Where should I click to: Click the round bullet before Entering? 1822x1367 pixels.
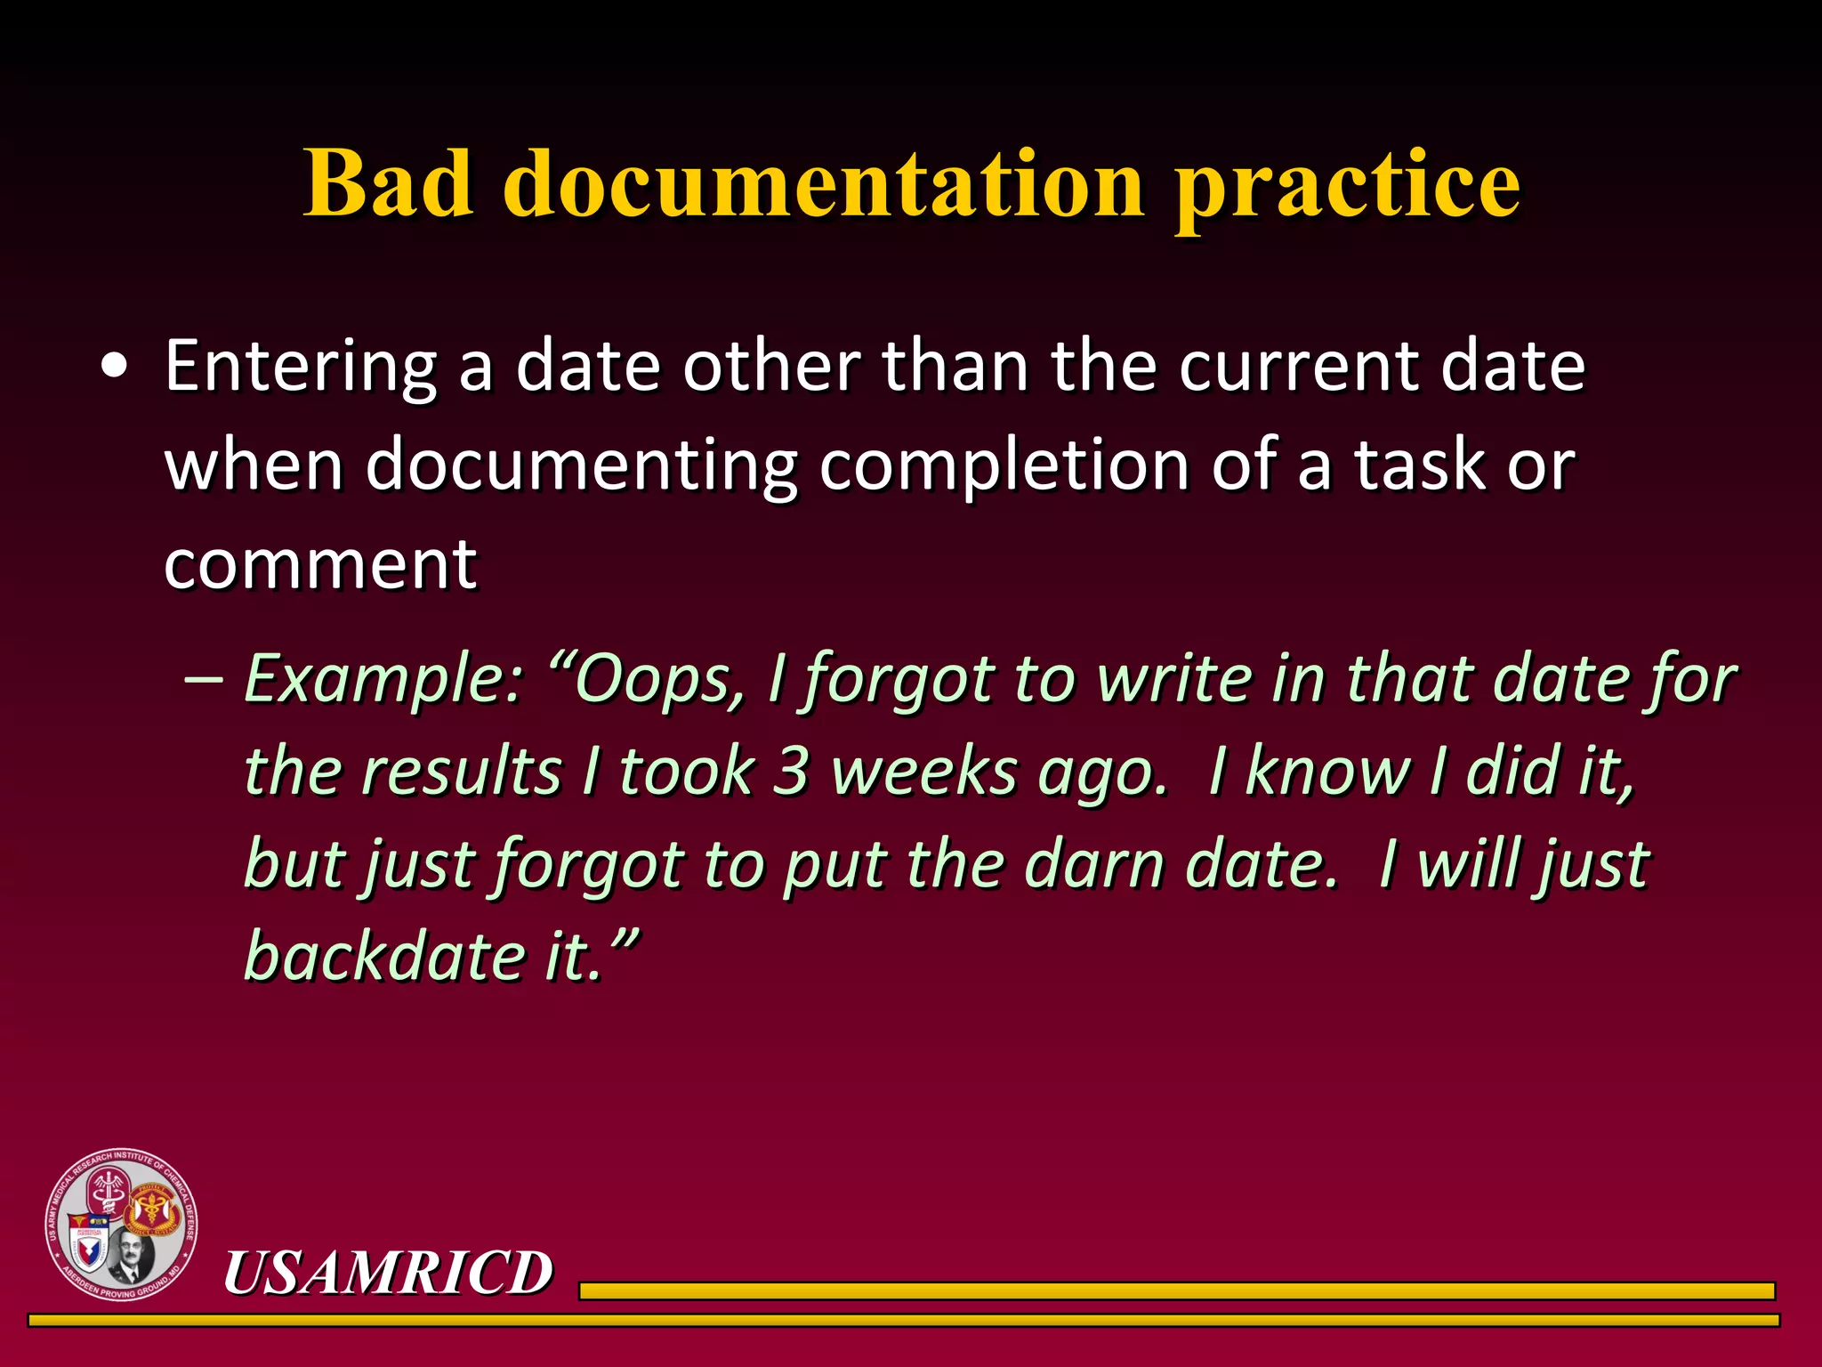[113, 368]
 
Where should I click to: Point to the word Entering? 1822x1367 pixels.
[300, 368]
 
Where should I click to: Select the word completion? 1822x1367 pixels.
[1004, 465]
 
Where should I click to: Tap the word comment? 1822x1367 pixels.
[320, 564]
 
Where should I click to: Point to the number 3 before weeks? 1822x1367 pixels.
[790, 772]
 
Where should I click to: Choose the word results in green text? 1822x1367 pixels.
[463, 772]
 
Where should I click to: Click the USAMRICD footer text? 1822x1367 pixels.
[388, 1272]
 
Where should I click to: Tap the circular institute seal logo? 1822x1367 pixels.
[122, 1224]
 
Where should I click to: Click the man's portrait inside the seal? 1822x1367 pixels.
[133, 1255]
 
